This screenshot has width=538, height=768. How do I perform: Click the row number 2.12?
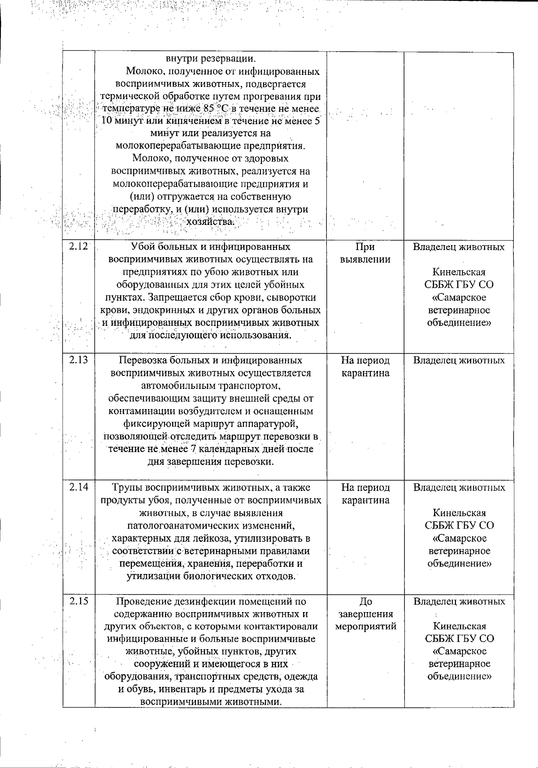coord(78,246)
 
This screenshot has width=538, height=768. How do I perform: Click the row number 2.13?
coord(78,360)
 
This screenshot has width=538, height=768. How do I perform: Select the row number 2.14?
coord(78,487)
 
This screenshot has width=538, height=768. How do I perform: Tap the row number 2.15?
coord(78,601)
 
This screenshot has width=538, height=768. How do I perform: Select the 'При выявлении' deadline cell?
coord(365,253)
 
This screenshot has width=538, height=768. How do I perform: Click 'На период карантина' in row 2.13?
coord(365,367)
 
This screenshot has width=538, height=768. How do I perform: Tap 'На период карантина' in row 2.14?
coord(365,493)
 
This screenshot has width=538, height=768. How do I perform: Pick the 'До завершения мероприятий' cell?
coord(365,613)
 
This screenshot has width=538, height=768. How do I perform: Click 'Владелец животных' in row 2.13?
coord(459,360)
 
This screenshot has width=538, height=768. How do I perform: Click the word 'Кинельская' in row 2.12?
coord(459,272)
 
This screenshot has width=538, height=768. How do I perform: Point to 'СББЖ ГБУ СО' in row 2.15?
coord(459,639)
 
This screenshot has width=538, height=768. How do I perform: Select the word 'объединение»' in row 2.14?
coord(459,563)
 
